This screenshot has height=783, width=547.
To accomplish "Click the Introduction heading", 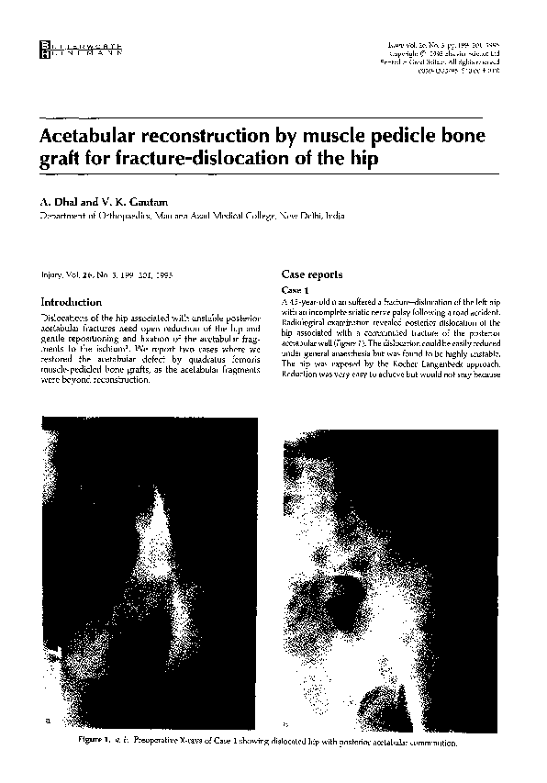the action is tap(71, 302).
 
